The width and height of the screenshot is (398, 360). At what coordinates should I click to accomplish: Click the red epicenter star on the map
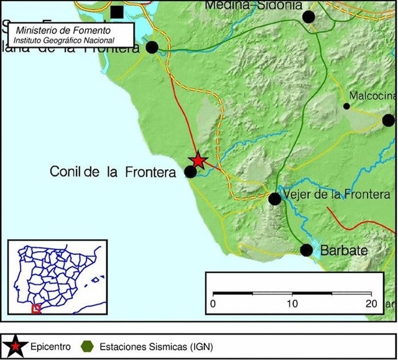click(x=198, y=160)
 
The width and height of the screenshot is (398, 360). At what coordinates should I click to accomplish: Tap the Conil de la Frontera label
click(x=113, y=172)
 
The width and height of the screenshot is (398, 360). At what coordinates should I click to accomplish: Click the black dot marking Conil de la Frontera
click(x=191, y=172)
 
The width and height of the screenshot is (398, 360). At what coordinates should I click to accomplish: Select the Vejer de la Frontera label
click(x=336, y=195)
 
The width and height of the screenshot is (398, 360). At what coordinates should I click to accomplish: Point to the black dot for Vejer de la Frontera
click(x=274, y=199)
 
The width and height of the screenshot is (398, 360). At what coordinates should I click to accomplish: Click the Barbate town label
click(x=344, y=251)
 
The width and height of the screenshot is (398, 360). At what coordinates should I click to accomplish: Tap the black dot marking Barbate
click(x=307, y=250)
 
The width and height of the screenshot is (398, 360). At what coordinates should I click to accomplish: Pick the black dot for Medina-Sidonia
click(x=308, y=17)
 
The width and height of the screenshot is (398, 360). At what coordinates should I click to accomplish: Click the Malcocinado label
click(x=373, y=96)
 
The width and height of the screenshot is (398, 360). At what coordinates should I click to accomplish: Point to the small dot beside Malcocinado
click(x=346, y=106)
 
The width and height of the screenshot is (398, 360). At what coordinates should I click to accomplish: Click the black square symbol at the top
click(x=116, y=11)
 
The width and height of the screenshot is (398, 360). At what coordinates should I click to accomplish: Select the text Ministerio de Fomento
click(x=63, y=30)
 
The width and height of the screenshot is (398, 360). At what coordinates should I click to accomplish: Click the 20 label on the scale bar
click(x=371, y=304)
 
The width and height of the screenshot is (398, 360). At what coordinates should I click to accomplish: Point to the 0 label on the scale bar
click(x=213, y=304)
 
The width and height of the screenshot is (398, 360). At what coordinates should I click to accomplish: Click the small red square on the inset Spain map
click(x=36, y=308)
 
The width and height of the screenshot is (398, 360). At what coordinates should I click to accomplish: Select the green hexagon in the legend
click(x=86, y=346)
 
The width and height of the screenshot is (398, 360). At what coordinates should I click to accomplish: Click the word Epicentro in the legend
click(x=50, y=346)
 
